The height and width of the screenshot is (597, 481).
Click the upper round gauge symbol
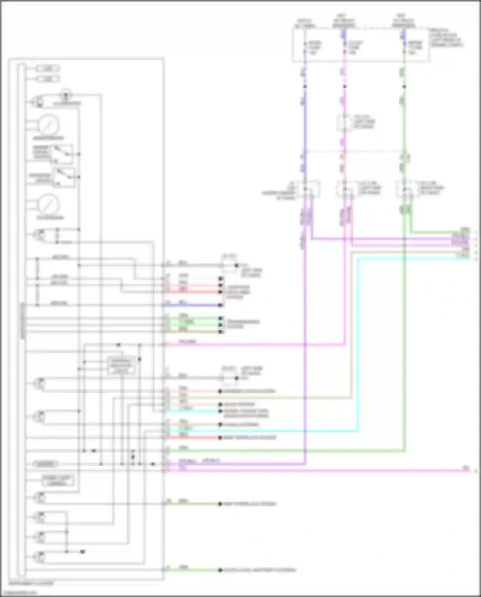click(49, 125)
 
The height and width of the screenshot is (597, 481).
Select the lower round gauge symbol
click(49, 205)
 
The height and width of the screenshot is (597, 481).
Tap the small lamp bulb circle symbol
click(66, 95)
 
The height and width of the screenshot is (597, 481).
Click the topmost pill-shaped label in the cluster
click(47, 68)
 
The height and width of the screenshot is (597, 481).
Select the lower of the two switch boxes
click(64, 177)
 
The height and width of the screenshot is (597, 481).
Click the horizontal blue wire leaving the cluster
click(192, 305)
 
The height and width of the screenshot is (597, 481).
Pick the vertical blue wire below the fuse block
click(305, 122)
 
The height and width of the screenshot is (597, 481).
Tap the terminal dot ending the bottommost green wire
click(220, 570)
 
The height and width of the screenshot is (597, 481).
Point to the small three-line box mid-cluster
click(121, 365)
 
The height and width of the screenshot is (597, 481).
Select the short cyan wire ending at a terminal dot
click(192, 411)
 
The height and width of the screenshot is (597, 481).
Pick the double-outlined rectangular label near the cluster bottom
click(58, 480)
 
